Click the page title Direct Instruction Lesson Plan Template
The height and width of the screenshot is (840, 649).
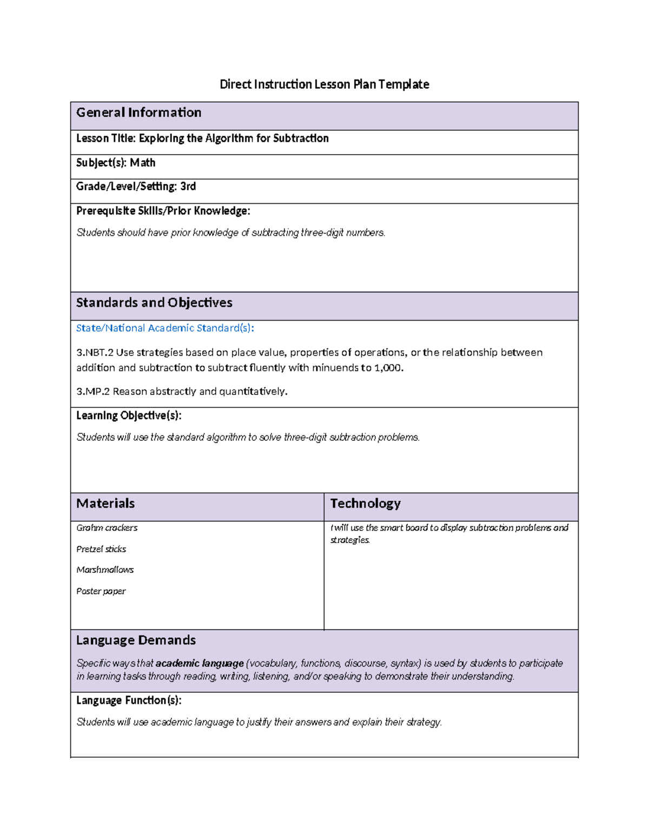[324, 84]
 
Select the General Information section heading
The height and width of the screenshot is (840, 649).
[138, 113]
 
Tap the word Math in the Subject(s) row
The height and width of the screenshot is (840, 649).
[143, 163]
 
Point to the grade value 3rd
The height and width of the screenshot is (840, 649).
[188, 187]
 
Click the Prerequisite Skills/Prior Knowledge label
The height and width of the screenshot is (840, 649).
[163, 211]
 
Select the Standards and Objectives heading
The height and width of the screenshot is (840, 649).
[154, 303]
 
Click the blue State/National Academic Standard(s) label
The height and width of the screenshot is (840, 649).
[165, 328]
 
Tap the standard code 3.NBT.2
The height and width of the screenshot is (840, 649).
[95, 353]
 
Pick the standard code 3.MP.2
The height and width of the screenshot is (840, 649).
[93, 392]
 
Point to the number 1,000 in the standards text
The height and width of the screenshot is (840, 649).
[388, 368]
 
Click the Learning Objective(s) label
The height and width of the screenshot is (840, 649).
[129, 415]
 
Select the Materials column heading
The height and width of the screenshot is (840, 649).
[105, 504]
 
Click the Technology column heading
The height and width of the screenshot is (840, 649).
[365, 504]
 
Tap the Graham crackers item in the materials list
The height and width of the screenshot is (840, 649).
[107, 528]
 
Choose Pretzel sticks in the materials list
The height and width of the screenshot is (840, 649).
[101, 549]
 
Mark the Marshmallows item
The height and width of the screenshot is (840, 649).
[105, 570]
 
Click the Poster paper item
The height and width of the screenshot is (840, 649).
[101, 591]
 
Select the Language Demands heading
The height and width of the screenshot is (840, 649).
[136, 640]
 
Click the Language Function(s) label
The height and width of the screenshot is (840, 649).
[129, 700]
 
